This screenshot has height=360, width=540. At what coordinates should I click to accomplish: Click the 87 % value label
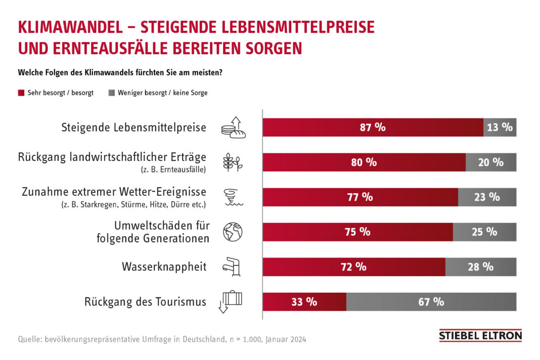point(373,127)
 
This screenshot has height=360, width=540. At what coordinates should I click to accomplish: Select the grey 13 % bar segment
point(500,127)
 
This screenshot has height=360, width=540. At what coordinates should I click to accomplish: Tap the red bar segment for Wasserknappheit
point(353,267)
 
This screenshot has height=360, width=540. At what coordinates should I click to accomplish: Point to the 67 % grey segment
point(431,302)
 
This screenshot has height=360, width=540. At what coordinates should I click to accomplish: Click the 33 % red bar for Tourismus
point(304,302)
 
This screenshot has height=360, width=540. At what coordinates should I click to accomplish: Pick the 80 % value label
point(364,162)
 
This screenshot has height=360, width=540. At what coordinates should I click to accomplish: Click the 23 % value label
point(487,197)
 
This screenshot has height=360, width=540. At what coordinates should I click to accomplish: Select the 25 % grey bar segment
point(484,232)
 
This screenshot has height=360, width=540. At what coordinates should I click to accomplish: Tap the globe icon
point(233,232)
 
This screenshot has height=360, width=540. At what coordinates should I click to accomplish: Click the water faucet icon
point(233,266)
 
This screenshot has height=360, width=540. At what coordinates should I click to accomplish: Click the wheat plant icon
point(233,162)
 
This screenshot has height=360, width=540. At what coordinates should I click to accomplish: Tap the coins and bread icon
point(233,127)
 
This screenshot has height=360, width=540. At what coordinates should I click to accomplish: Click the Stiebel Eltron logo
point(480,336)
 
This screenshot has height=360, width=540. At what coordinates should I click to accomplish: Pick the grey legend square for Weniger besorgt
point(111,93)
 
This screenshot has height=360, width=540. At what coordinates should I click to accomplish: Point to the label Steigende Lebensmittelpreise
point(133,127)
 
